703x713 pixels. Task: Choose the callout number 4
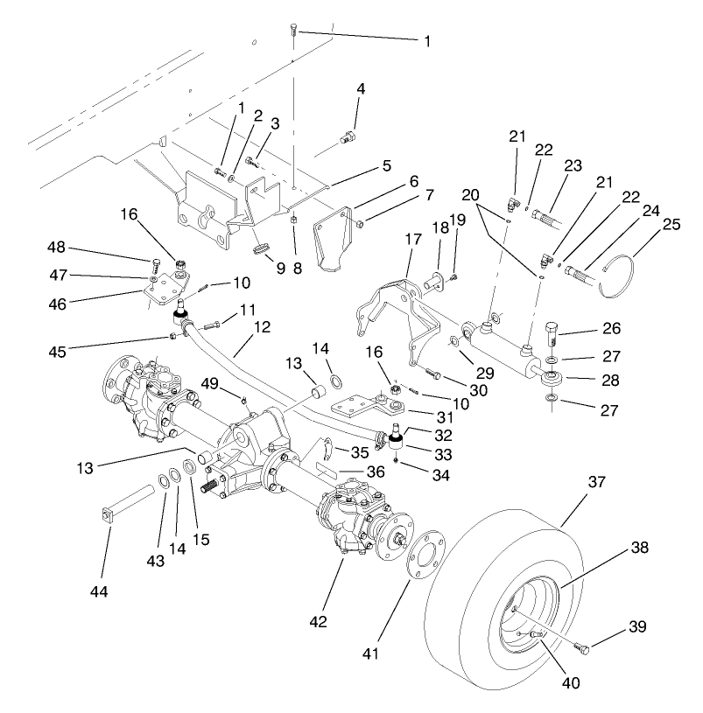360,88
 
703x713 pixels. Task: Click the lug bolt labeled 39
584,647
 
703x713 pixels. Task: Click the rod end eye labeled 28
552,379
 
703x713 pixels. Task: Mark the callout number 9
280,269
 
